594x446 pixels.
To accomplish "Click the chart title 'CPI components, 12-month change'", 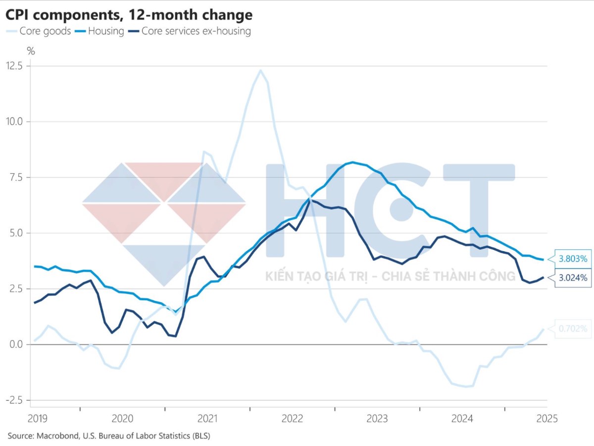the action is [129, 15].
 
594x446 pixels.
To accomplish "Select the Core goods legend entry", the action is [39, 31].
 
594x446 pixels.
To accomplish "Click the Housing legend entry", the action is [99, 31].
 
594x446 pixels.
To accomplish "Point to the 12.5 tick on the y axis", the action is [14, 66].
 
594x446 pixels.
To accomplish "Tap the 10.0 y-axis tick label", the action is [14, 121].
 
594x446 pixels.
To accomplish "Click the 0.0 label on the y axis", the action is [16, 344].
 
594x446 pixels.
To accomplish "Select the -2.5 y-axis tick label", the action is [14, 400].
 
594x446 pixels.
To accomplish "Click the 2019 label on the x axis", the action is [37, 419].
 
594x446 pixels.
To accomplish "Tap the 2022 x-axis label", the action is [292, 419].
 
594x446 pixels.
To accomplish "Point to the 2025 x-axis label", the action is [547, 419].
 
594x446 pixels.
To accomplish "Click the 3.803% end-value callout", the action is [573, 259].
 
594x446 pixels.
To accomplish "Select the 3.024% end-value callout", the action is [573, 278].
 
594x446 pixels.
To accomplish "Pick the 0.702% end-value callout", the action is [573, 329].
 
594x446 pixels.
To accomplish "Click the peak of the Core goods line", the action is [260, 70].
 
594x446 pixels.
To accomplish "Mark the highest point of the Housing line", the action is [352, 162].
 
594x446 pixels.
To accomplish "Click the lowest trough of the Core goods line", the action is [466, 387].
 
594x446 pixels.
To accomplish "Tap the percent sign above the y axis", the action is [31, 51].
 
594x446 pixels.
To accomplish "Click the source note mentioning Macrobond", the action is [109, 436].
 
